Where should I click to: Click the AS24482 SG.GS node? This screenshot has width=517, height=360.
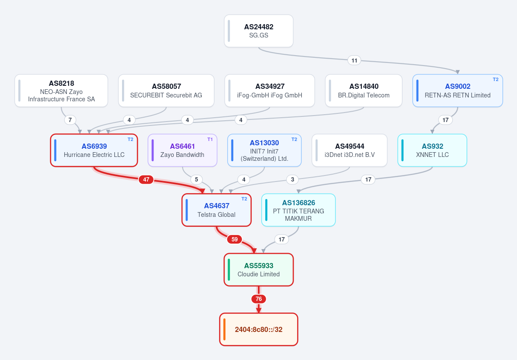(x=259, y=31)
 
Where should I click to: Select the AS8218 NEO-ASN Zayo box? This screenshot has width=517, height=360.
(x=61, y=91)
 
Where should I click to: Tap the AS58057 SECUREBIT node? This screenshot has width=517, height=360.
(x=166, y=91)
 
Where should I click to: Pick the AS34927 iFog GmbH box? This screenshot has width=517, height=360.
(x=269, y=91)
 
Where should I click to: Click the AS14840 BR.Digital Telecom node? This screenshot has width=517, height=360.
(x=363, y=91)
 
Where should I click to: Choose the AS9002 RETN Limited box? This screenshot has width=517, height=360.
(x=457, y=91)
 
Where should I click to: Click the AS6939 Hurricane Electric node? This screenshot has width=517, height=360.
(x=94, y=150)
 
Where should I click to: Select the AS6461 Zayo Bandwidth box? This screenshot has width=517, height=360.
(x=182, y=150)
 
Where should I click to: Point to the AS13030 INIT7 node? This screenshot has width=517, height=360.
(x=264, y=150)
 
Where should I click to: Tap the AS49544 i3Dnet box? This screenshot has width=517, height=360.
(x=350, y=150)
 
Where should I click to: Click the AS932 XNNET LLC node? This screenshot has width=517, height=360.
(x=432, y=150)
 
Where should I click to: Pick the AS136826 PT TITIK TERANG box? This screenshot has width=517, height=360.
(x=298, y=210)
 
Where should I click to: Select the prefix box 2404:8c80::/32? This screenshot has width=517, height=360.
(x=259, y=329)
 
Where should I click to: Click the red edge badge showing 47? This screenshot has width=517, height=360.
(x=146, y=180)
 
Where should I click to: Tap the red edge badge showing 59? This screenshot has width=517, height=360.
(x=235, y=239)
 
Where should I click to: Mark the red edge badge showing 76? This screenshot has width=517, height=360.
(x=259, y=299)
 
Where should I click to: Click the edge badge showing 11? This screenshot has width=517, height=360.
(x=354, y=60)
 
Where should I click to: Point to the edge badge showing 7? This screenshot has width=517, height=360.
(x=70, y=120)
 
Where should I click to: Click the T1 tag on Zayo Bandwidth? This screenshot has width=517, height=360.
(x=210, y=139)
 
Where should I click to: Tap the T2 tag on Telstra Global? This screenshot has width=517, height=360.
(x=244, y=199)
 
